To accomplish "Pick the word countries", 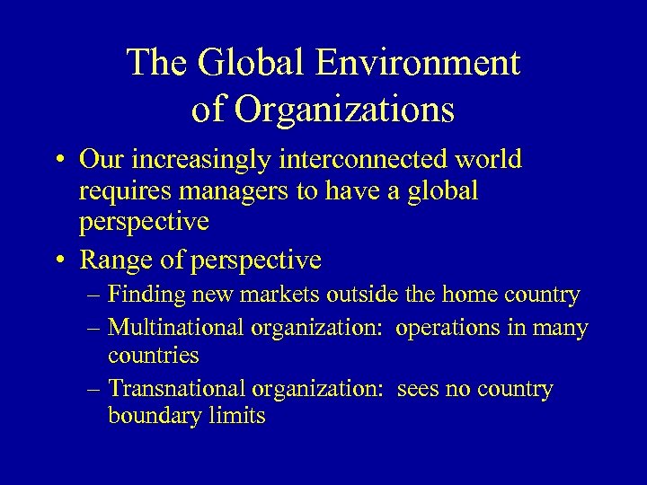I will (x=153, y=356).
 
